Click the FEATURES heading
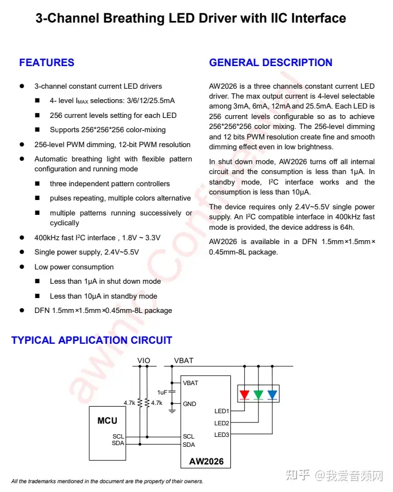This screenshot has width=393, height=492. click(47, 63)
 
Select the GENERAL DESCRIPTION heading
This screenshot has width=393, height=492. click(271, 63)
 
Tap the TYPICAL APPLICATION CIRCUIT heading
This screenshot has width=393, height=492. click(91, 340)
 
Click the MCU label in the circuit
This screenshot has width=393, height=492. click(107, 420)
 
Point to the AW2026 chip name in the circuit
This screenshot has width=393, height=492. click(206, 461)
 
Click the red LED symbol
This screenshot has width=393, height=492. click(245, 394)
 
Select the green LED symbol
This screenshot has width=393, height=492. click(259, 394)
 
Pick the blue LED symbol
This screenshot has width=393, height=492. click(272, 394)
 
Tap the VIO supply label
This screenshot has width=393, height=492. click(143, 361)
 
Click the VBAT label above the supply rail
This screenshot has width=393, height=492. click(184, 361)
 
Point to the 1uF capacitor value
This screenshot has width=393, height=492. click(162, 392)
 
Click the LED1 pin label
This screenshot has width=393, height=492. click(222, 411)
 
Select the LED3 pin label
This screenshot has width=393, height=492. click(222, 435)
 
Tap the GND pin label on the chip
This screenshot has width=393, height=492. click(190, 404)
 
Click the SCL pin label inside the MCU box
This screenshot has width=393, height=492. click(118, 436)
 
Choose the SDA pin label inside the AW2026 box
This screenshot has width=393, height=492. click(189, 444)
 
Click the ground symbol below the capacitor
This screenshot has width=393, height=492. click(172, 410)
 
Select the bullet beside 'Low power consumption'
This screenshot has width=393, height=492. click(22, 267)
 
